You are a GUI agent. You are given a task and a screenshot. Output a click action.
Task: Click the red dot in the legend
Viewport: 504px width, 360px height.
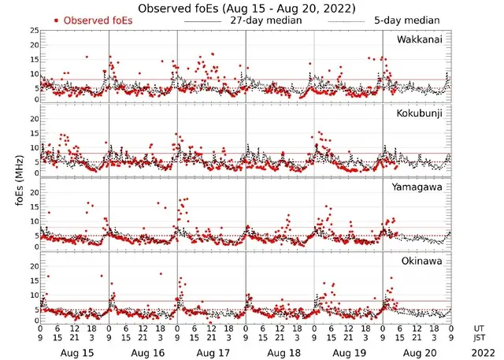tap(57, 20)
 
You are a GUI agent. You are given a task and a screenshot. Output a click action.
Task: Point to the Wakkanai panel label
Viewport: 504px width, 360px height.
tap(419, 40)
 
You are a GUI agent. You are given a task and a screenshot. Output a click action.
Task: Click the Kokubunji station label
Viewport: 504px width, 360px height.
tap(419, 113)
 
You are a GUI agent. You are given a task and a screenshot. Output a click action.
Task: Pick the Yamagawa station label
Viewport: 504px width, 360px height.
tap(419, 187)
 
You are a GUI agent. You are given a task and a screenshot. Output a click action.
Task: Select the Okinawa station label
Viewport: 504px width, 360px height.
tap(422, 259)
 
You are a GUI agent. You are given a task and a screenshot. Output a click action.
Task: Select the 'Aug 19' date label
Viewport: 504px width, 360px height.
tap(348, 354)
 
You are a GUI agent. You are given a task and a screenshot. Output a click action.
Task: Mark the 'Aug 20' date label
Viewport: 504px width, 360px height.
tap(417, 354)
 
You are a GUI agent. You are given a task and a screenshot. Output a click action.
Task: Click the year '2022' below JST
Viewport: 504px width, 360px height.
tap(480, 354)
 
